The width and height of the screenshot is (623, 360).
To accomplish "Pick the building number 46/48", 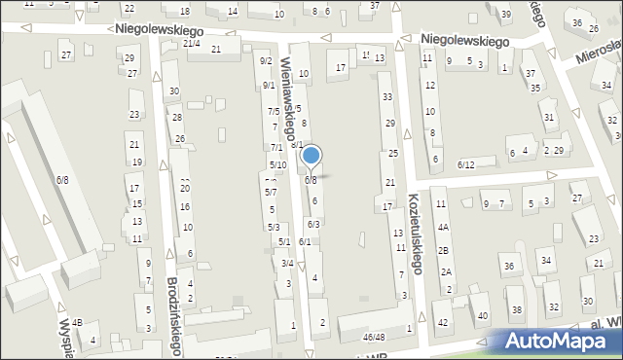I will click(x=373, y=337).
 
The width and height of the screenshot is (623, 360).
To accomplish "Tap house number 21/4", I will click(x=192, y=43).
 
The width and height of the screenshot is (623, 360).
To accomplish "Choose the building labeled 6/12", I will click(x=465, y=164).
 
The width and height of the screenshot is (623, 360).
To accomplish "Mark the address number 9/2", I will click(x=265, y=61).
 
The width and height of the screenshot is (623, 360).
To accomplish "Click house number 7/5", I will click(x=274, y=111).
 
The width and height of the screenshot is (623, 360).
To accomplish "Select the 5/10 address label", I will click(x=277, y=164).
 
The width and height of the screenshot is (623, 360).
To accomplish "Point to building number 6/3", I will click(x=313, y=225).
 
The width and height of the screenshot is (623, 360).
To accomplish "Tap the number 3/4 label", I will click(x=287, y=263).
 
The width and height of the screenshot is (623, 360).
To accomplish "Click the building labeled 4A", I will click(x=442, y=227).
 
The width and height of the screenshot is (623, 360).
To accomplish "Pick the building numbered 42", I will click(x=442, y=322).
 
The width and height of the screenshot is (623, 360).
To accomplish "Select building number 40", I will click(x=482, y=315).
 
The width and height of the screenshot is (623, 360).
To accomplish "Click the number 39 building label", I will click(x=506, y=14).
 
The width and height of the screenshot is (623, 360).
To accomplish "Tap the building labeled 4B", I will click(x=77, y=322).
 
